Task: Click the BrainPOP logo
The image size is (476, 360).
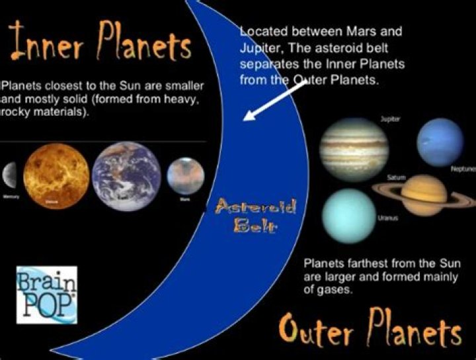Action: [46, 294]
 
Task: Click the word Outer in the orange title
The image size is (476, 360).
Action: [318, 331]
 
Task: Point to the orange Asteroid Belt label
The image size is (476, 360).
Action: [254, 216]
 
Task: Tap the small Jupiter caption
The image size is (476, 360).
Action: [390, 120]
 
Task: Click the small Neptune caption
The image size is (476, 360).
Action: [462, 169]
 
